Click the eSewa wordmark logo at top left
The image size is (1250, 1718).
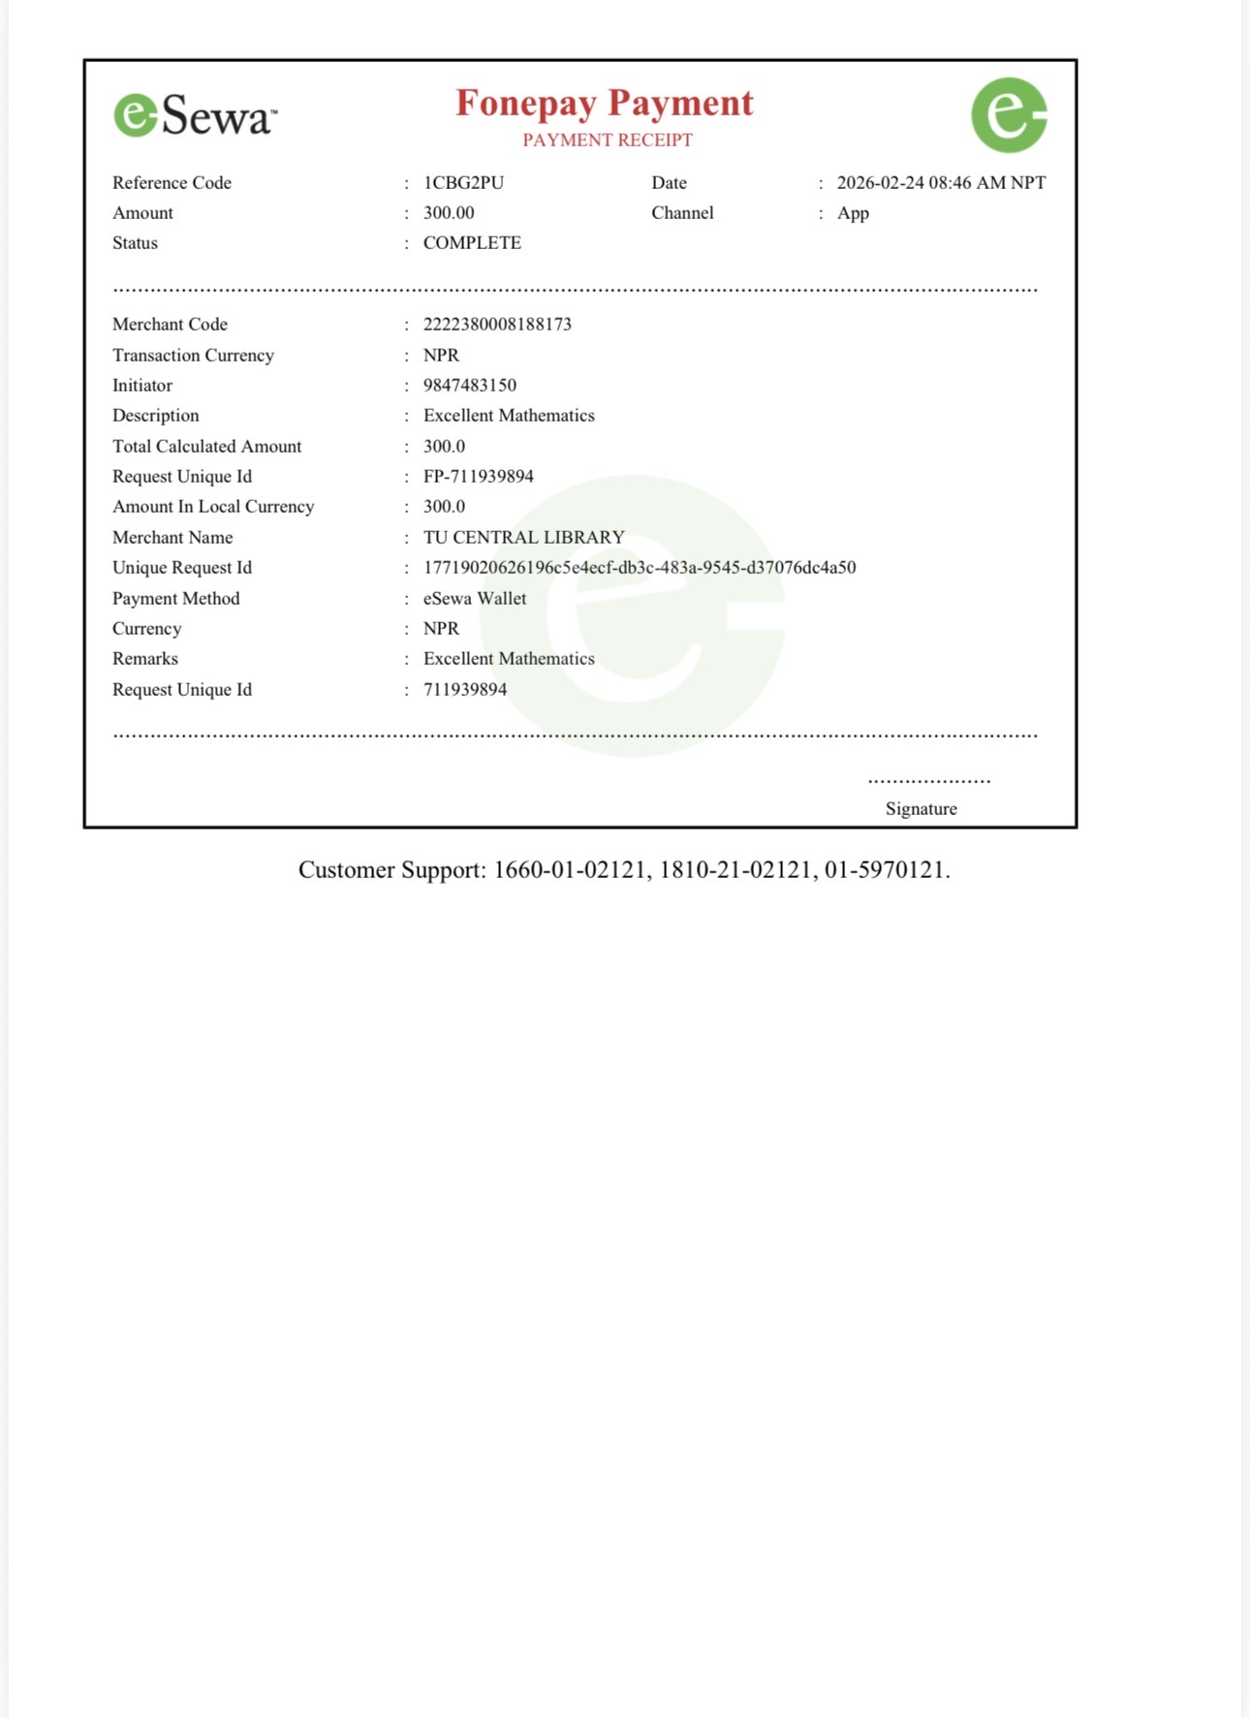[x=195, y=115]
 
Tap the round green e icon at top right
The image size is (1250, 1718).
[x=1009, y=115]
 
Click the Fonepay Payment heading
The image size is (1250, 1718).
[x=604, y=103]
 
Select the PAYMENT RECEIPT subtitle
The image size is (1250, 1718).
[x=608, y=141]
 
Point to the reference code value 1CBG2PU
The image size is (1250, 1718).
[x=463, y=183]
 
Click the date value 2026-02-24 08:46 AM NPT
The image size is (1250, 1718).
[x=941, y=183]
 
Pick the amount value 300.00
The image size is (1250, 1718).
[x=449, y=213]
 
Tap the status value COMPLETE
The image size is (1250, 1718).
[x=472, y=243]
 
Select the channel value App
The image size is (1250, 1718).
[x=853, y=213]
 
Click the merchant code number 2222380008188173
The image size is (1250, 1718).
[x=497, y=325]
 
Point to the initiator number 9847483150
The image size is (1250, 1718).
[x=469, y=386]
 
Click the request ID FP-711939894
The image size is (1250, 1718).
[x=478, y=477]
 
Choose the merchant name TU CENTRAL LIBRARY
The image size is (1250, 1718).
[x=523, y=538]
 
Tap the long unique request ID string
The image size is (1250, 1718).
[x=640, y=568]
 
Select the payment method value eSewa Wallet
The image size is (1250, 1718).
[x=475, y=599]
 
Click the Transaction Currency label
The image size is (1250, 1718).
[x=193, y=356]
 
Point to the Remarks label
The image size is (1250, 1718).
[x=145, y=659]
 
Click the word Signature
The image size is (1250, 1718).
[x=921, y=809]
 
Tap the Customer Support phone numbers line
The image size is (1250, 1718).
[x=624, y=870]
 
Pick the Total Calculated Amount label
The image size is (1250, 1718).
[x=206, y=447]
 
